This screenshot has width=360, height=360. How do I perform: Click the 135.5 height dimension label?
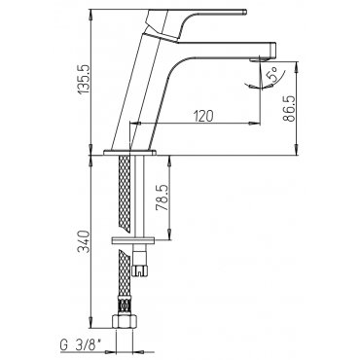85,79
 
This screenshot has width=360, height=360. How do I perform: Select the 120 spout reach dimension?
203,116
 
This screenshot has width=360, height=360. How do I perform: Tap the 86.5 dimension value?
288,108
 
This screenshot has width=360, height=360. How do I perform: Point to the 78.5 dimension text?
162,198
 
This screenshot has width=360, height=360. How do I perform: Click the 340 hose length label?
84,241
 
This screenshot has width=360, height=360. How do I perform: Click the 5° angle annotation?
271,74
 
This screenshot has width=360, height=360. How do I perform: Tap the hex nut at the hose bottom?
125,321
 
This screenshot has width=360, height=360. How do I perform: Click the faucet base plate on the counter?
129,152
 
